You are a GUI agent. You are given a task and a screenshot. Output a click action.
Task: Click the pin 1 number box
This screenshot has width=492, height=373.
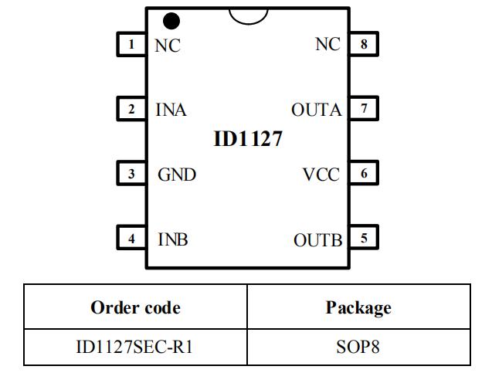point(132,44)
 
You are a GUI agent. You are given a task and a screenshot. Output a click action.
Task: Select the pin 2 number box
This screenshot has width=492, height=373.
point(132,109)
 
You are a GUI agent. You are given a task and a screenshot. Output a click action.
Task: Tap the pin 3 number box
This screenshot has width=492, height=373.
point(132,174)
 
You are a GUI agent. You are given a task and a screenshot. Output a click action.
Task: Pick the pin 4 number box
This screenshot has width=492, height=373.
point(132,239)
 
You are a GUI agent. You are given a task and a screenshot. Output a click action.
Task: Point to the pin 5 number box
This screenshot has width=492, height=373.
point(364,239)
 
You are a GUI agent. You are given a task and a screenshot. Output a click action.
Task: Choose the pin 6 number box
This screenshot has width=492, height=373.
point(364,174)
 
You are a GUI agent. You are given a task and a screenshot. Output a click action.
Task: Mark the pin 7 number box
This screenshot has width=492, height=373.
point(364,109)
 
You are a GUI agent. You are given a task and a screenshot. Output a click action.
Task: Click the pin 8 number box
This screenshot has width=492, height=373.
point(364,44)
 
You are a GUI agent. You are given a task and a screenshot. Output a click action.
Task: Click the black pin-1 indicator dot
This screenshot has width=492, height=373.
point(171,21)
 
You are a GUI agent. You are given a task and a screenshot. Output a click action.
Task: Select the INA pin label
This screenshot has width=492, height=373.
point(171,110)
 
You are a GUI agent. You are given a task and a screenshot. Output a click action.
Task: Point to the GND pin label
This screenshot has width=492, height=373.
point(176,175)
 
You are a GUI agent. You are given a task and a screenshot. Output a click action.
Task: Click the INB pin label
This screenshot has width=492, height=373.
point(172,239)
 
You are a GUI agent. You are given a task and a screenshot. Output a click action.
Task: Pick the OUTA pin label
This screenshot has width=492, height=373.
point(316,110)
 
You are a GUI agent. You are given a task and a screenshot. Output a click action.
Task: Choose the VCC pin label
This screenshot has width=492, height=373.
point(321,175)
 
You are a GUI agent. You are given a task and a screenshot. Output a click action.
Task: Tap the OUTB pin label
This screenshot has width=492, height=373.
point(317,239)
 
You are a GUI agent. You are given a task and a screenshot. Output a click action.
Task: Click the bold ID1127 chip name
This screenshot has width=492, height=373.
point(247,140)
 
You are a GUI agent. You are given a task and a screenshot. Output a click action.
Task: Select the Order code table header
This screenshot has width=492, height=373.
point(135,307)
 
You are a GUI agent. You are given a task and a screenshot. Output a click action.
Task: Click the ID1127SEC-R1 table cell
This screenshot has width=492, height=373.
point(135,348)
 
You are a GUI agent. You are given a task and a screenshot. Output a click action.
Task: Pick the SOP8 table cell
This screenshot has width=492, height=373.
point(358,348)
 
